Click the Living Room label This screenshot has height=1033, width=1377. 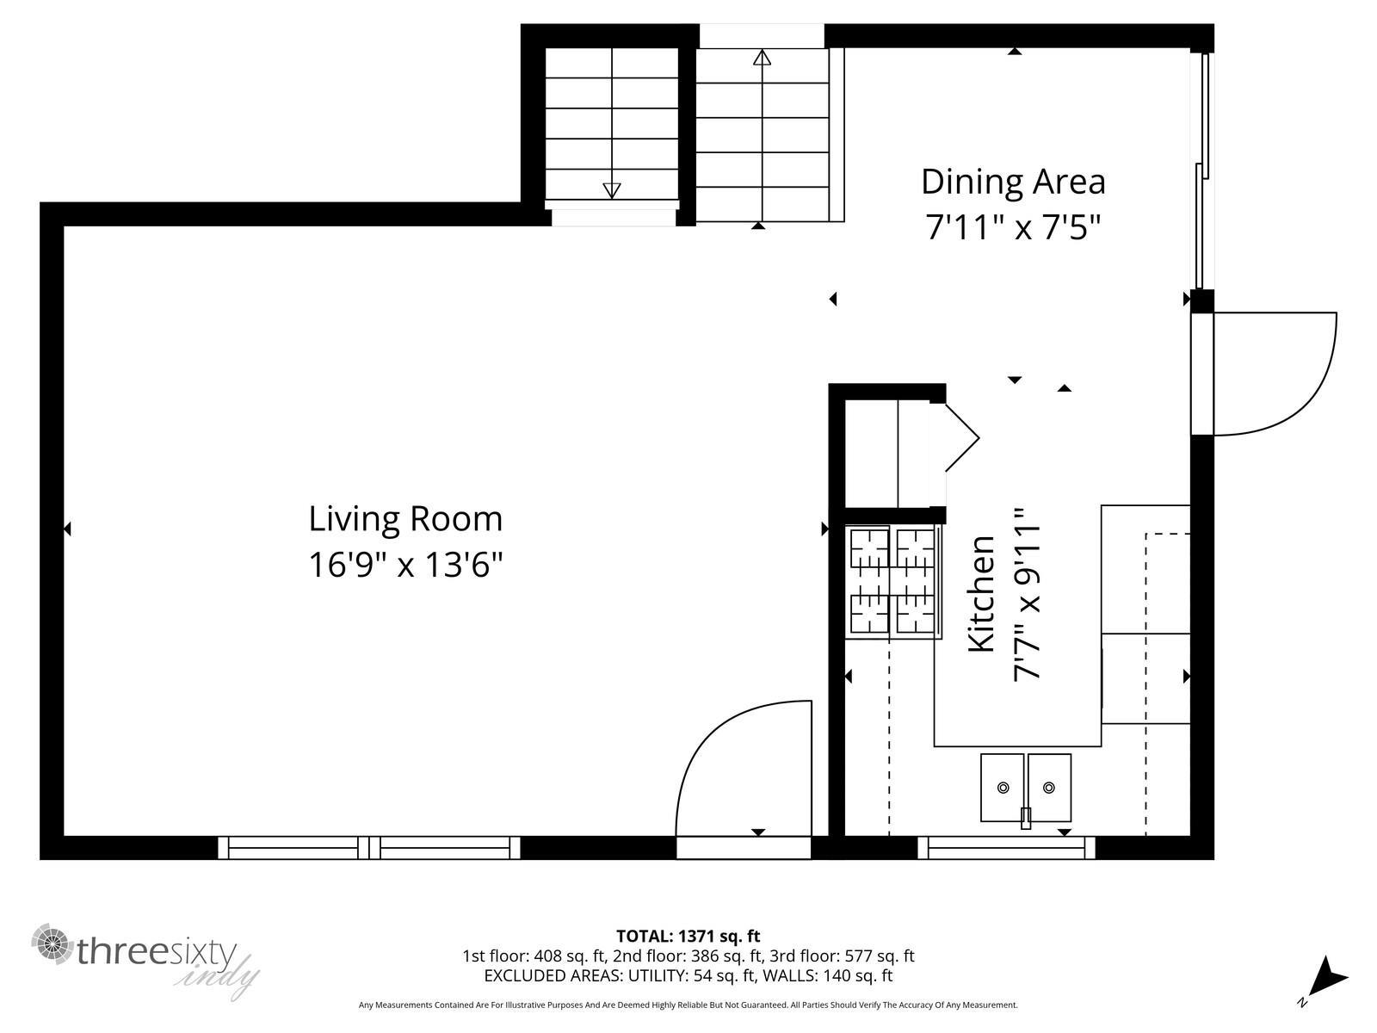coord(405,519)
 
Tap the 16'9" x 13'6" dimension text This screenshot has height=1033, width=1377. coord(405,566)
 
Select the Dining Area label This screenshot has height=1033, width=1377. coord(1013,182)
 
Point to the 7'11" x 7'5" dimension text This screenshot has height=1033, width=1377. coord(1013,228)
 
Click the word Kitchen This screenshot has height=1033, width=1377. coord(982,594)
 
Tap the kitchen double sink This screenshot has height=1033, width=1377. coord(1026,788)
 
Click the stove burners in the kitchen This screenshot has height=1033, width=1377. coord(892,582)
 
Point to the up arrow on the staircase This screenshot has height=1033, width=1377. coord(762,59)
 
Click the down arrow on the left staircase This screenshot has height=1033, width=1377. coord(612,190)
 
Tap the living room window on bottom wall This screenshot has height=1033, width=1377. coord(369,848)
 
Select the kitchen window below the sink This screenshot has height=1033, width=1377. coord(1006,848)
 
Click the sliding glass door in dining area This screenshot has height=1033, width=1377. coord(1201,172)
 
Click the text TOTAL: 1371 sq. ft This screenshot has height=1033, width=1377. coord(688,936)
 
